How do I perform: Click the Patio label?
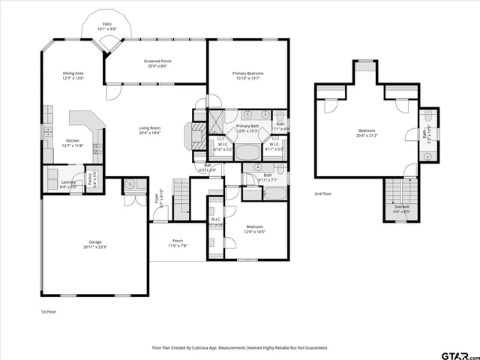[108, 24]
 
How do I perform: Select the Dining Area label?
[73, 73]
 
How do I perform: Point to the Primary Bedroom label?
[247, 73]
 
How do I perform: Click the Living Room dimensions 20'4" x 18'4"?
[150, 133]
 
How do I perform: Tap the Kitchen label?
[73, 141]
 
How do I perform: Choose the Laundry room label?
[67, 181]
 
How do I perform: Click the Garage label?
[94, 241]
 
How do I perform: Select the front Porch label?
[177, 241]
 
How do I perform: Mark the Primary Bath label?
[247, 126]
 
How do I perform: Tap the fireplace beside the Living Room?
[198, 137]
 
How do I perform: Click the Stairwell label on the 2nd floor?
[401, 208]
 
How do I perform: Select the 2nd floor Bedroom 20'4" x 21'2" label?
[367, 130]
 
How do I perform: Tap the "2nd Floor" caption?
[323, 194]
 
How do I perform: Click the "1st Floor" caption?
[48, 310]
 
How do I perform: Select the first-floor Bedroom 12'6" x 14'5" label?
[255, 226]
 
